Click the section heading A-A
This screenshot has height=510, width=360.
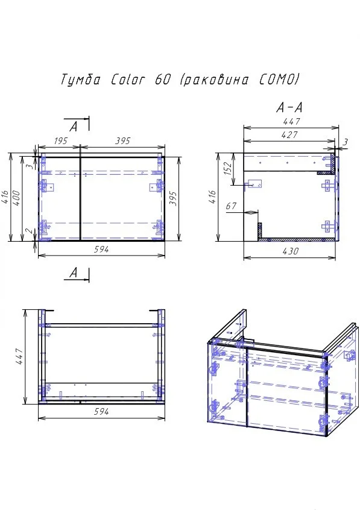[x=288, y=108]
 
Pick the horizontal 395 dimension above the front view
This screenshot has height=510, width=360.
[x=122, y=140]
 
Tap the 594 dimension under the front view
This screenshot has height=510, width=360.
[x=101, y=250]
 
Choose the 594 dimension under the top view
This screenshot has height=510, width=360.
[x=101, y=412]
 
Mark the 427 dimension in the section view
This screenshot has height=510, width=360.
[x=289, y=136]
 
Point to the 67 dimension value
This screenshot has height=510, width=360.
[x=231, y=207]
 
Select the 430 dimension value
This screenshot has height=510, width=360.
[x=290, y=250]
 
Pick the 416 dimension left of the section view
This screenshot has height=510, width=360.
[x=211, y=198]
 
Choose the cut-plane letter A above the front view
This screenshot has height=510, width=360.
[x=74, y=127]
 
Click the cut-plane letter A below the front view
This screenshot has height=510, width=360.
[x=74, y=273]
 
